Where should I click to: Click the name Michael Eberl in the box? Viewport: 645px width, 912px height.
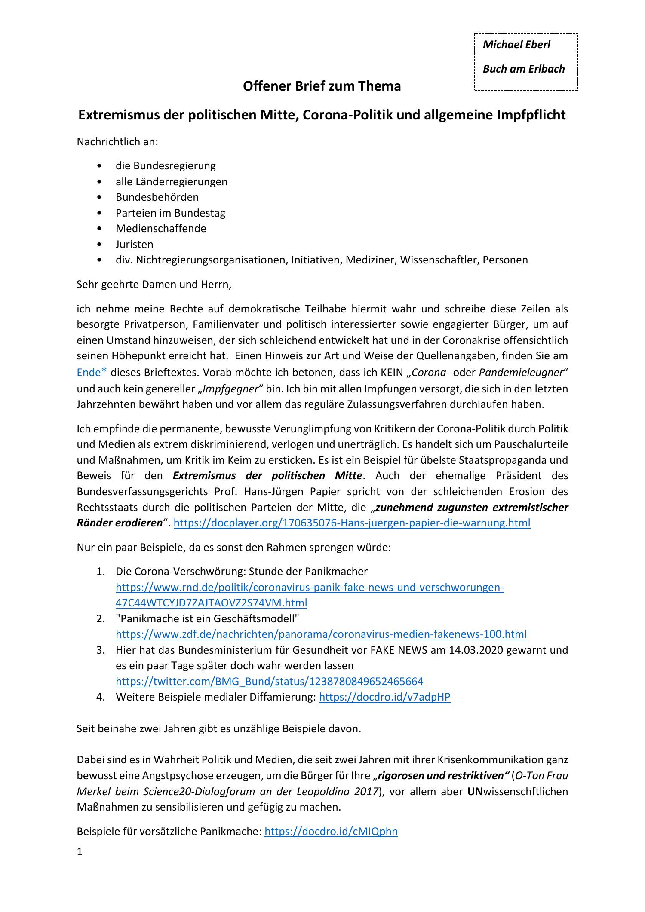pos(516,45)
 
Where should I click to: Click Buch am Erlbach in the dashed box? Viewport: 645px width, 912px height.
pos(523,69)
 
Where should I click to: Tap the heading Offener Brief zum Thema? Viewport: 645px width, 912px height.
pos(322,86)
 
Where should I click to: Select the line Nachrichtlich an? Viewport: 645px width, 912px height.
pos(117,141)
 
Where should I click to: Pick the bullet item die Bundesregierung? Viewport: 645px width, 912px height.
pos(166,165)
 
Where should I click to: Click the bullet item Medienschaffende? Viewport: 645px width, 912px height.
pos(161,228)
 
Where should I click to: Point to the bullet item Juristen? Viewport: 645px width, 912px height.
pos(134,244)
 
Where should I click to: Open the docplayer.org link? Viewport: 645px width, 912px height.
pos(352,523)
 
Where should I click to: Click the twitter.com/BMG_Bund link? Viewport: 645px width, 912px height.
pos(269,681)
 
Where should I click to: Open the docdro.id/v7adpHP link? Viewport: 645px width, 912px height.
pos(385,697)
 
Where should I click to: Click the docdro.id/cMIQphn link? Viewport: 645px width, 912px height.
pos(331,831)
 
